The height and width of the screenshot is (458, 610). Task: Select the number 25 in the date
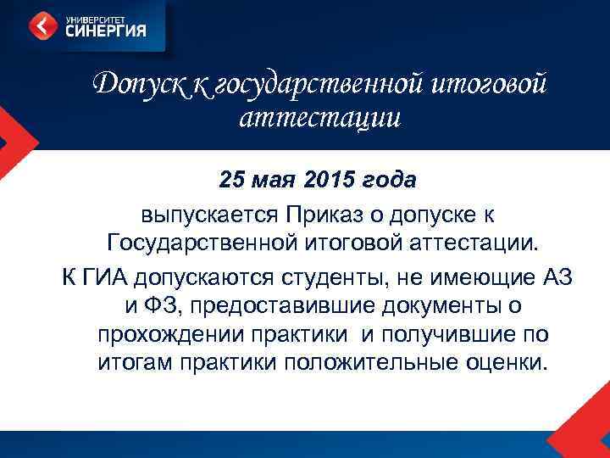click(230, 181)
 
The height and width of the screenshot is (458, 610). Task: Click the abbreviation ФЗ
click(159, 304)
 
